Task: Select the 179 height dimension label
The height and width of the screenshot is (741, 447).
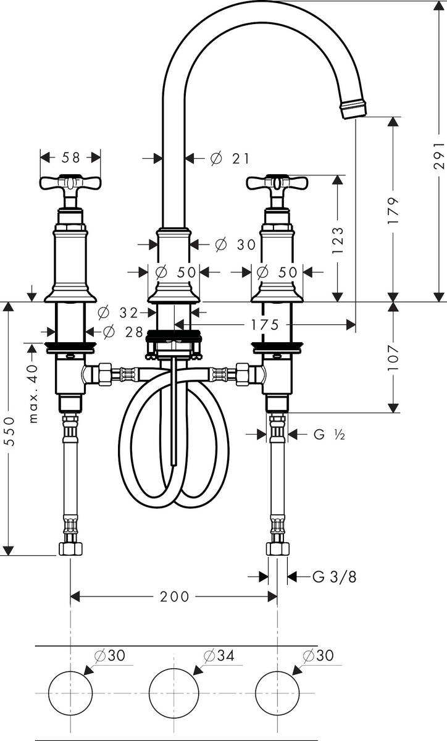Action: [x=395, y=210]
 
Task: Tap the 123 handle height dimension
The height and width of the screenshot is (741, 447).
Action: [x=338, y=239]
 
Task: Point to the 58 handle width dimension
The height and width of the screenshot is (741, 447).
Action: [x=71, y=157]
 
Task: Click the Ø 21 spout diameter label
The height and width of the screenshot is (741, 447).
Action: [x=230, y=159]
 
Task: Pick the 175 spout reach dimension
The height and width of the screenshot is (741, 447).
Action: [x=265, y=324]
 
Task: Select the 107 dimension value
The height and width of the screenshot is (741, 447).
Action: [x=395, y=358]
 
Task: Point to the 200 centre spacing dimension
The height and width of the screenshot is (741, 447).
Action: [x=175, y=596]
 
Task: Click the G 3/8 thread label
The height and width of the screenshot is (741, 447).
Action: [x=334, y=577]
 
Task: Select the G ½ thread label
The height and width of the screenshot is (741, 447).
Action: [x=328, y=435]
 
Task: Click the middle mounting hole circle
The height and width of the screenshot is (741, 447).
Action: [x=175, y=693]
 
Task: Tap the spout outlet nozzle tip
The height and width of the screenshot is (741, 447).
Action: [x=353, y=110]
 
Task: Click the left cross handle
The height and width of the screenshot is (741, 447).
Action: [x=70, y=183]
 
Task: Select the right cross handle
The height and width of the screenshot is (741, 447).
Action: [x=277, y=183]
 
